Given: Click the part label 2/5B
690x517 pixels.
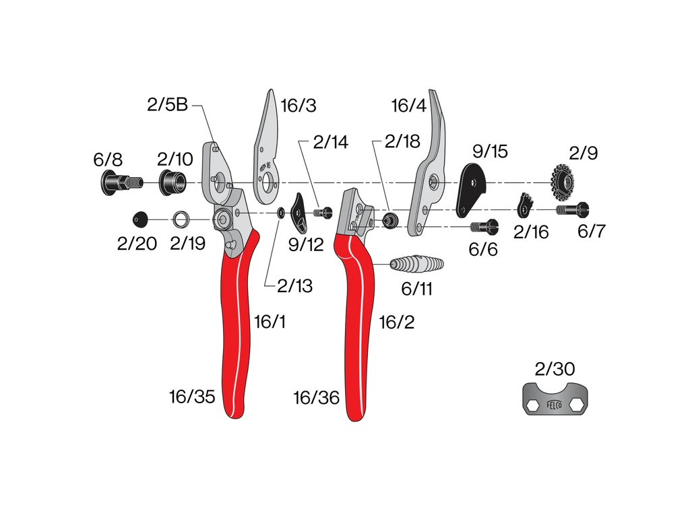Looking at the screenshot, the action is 167,104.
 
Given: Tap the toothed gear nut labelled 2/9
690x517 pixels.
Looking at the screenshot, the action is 563,182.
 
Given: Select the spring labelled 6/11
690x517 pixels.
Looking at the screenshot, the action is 416,264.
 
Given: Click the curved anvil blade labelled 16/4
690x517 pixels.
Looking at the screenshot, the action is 426,167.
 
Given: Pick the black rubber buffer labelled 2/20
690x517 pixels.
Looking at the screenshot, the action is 141,219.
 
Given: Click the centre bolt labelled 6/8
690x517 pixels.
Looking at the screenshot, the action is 121,182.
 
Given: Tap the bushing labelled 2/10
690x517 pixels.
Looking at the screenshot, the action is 172,182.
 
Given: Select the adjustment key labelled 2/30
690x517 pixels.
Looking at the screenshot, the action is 555,399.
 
